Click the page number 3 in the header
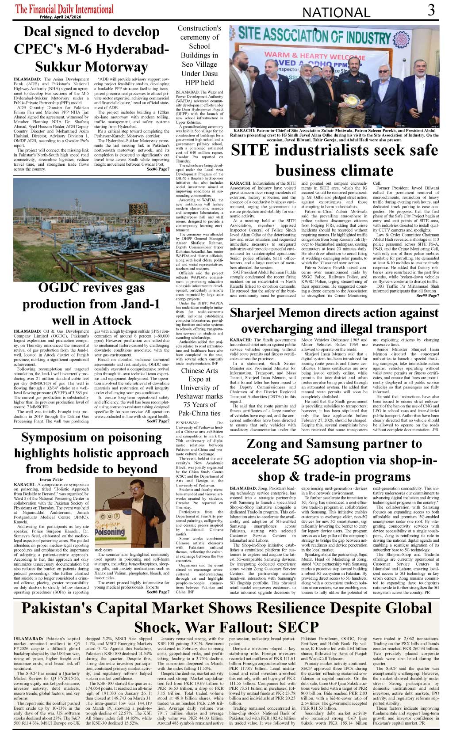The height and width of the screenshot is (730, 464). (x=431, y=10)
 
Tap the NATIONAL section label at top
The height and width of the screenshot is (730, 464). (x=336, y=12)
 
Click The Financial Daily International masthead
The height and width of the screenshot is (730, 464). (x=65, y=9)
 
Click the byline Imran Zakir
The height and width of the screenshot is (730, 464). (x=51, y=479)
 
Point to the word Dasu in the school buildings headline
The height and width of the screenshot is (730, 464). (x=210, y=73)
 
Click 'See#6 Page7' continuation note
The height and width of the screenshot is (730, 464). (x=158, y=169)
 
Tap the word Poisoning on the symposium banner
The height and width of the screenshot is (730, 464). (x=109, y=532)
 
